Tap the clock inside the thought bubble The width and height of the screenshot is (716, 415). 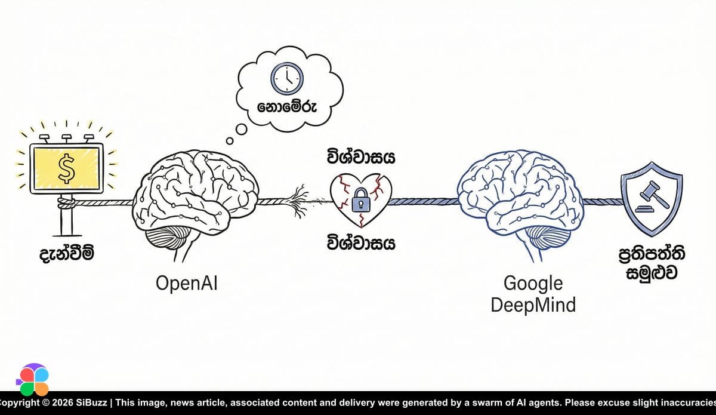(287, 78)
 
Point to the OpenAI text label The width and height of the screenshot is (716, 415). (187, 282)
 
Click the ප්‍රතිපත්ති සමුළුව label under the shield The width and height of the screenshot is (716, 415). (652, 263)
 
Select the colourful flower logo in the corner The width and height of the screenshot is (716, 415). (32, 380)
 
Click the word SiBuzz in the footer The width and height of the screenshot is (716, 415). (90, 403)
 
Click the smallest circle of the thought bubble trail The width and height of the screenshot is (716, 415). (230, 142)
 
